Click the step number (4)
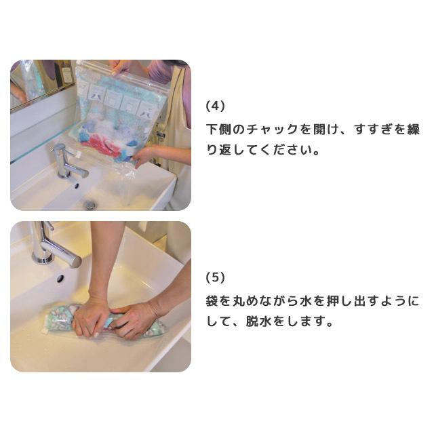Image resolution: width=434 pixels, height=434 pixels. [215, 106]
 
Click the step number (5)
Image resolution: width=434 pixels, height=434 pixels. [215, 277]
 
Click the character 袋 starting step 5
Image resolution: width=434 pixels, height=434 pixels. [212, 300]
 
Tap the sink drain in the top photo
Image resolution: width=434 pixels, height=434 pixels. [90, 203]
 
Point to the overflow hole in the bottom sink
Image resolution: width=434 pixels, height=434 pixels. [60, 278]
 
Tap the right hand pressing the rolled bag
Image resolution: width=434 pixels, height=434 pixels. [136, 319]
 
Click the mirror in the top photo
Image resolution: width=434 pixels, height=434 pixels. [34, 81]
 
